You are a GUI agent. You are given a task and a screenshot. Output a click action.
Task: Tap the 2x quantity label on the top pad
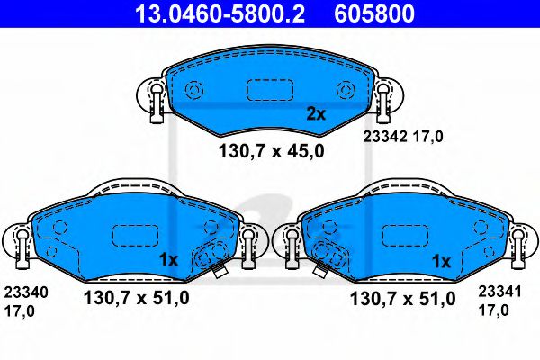[315, 114]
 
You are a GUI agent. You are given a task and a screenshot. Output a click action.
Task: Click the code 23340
[26, 293]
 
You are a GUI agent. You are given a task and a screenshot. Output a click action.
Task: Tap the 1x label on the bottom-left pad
[169, 260]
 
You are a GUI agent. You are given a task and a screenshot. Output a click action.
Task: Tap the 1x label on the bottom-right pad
[440, 261]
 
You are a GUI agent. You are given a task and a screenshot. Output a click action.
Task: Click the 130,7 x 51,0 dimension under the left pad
[136, 297]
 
